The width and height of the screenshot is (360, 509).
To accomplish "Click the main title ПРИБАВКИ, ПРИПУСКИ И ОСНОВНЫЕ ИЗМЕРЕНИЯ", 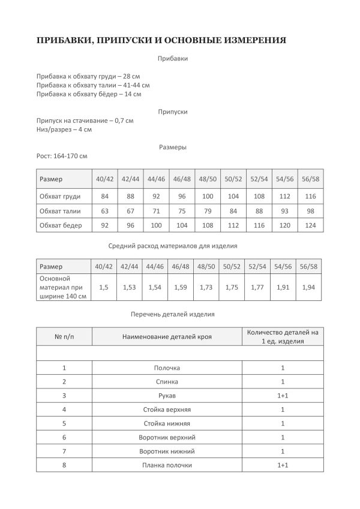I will tap(161, 40).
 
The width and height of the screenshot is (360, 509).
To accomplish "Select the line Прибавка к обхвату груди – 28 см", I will tap(88, 77).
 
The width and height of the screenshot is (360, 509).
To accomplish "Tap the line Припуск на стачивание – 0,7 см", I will tap(85, 121).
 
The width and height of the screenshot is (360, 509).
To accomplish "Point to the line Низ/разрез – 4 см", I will tap(64, 129).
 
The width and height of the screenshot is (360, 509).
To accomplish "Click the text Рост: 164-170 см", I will tap(62, 156).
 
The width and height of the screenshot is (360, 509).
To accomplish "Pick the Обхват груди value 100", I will tap(208, 197).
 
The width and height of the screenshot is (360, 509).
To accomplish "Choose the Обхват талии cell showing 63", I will tap(104, 211).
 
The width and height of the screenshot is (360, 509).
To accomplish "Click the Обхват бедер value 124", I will tap(310, 225).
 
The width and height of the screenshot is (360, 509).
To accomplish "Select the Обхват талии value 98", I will tap(310, 211).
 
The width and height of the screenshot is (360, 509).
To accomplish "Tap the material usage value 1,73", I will tap(207, 288).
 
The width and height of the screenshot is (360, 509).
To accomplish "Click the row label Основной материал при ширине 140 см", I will tap(63, 288).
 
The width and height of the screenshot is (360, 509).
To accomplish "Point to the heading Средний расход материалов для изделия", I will tap(173, 246).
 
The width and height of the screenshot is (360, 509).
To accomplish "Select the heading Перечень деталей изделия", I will tap(173, 314).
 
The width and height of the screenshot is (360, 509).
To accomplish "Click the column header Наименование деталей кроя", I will tap(167, 337).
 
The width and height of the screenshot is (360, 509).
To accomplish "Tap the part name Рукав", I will tap(167, 396).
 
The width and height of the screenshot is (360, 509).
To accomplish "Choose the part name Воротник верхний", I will tap(167, 438).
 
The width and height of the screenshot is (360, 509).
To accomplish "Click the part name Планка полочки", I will tap(167, 465).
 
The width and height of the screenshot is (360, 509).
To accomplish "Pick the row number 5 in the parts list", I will tap(64, 424).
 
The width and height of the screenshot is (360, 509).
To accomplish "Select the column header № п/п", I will tap(64, 337).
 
